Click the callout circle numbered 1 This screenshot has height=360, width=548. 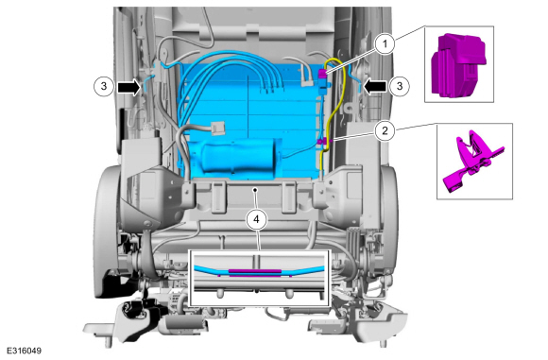(x=385, y=44)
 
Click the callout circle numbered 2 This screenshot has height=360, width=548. (x=385, y=130)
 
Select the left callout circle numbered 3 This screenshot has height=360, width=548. (x=104, y=86)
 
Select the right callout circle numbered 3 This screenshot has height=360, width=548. (x=400, y=86)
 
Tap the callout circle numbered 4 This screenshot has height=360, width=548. (x=257, y=219)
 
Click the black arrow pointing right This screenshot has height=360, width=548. (x=128, y=87)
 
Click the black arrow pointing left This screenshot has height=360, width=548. (x=375, y=86)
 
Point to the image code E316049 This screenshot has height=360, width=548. (x=25, y=351)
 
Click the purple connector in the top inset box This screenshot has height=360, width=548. (x=458, y=66)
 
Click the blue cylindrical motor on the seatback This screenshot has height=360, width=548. (x=241, y=156)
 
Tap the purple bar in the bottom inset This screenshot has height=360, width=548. (x=255, y=271)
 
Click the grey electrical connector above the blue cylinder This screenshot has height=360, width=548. (x=217, y=128)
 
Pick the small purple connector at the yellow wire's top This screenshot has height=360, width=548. (x=322, y=73)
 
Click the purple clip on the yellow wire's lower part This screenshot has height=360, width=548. (x=322, y=141)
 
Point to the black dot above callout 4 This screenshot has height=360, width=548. (x=255, y=190)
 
